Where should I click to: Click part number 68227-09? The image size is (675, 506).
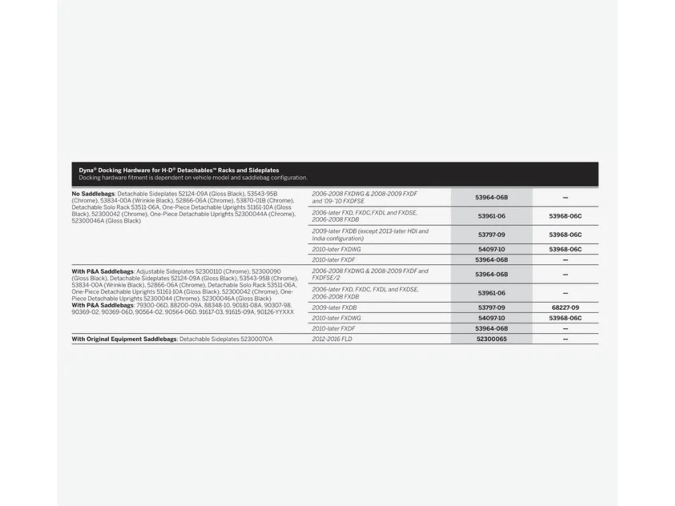click(565, 308)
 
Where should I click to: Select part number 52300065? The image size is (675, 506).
click(491, 339)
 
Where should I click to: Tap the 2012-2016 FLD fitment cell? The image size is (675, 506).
click(332, 339)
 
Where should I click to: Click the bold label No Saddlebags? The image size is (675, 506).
click(93, 194)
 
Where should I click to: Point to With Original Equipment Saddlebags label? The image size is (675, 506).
click(124, 339)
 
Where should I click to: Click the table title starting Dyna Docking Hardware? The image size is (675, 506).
click(179, 170)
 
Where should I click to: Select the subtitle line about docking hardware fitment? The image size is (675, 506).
click(193, 178)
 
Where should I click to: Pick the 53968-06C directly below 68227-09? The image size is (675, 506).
click(565, 318)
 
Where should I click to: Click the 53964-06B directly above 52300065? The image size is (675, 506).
click(491, 328)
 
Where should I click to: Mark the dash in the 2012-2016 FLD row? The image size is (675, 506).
click(565, 339)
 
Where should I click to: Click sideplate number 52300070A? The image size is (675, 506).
click(256, 339)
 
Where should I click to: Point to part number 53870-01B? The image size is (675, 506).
click(253, 201)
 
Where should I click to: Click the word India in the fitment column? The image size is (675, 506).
click(319, 238)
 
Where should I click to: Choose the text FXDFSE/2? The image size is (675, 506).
click(326, 278)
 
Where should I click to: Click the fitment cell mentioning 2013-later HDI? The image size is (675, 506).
click(370, 234)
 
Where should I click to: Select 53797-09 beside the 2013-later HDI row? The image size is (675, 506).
click(491, 234)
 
